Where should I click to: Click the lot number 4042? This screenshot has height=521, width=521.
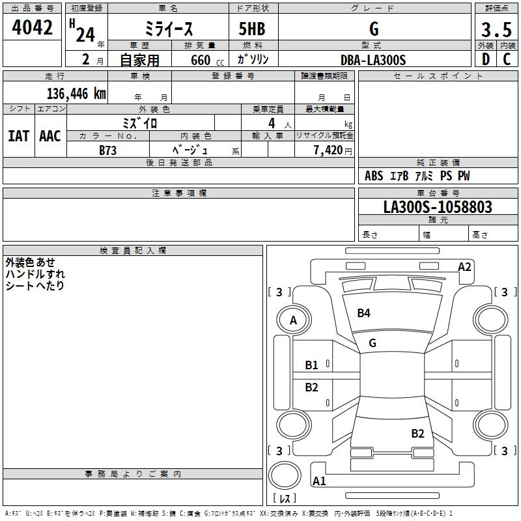click(x=33, y=28)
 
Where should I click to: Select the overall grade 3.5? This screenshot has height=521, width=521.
click(x=496, y=29)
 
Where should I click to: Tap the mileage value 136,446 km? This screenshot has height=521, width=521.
click(x=76, y=93)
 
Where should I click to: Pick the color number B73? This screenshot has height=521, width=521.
click(x=108, y=150)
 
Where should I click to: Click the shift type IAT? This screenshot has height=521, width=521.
click(x=18, y=136)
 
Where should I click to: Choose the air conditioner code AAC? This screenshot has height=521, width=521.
click(x=50, y=136)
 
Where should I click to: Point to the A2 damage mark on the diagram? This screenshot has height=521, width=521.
click(x=464, y=266)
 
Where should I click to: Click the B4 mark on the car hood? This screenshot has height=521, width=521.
click(x=363, y=313)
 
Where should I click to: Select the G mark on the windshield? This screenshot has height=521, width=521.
click(x=373, y=343)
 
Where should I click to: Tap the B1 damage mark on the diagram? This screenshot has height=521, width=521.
click(x=312, y=365)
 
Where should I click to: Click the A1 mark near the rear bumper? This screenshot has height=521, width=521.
click(x=319, y=481)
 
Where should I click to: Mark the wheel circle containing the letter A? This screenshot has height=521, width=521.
click(x=293, y=320)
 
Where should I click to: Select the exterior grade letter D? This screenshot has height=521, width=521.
click(x=486, y=60)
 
